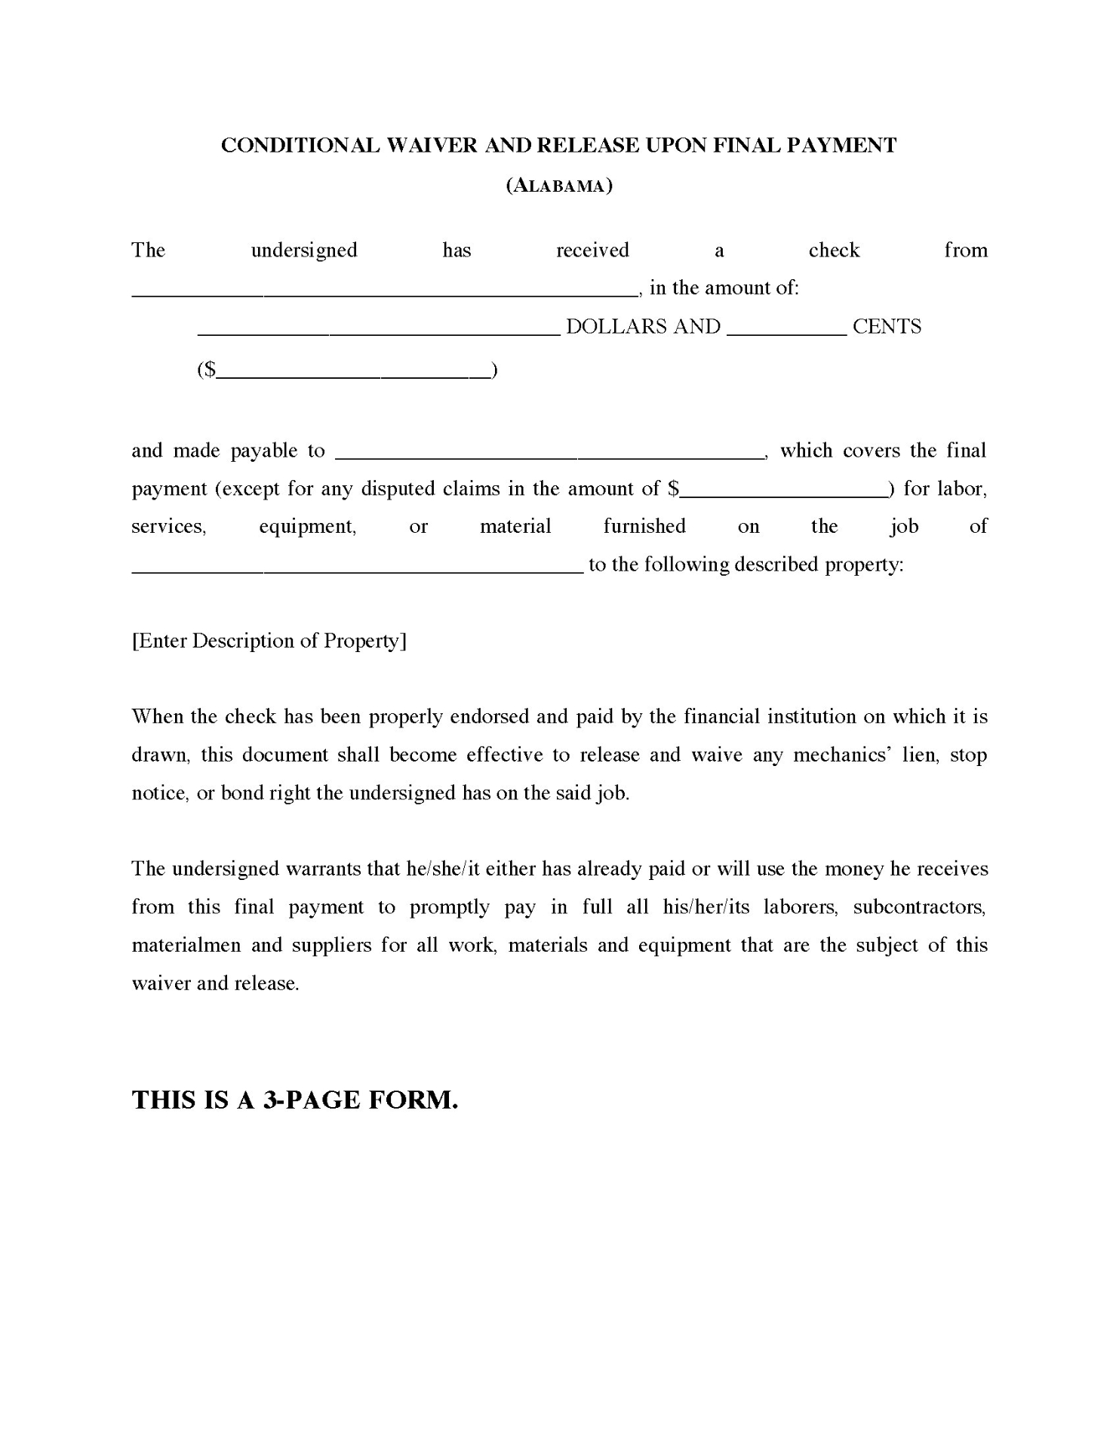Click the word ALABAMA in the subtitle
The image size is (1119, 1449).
pyautogui.click(x=558, y=186)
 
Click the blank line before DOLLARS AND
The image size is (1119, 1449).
pyautogui.click(x=378, y=331)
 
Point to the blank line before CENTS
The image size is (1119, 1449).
pyautogui.click(x=787, y=331)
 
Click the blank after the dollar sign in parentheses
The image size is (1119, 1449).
pyautogui.click(x=353, y=374)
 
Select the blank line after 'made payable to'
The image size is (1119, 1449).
pyautogui.click(x=548, y=455)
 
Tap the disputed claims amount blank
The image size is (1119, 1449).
pyautogui.click(x=784, y=494)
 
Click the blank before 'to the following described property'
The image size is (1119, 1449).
pyautogui.click(x=357, y=570)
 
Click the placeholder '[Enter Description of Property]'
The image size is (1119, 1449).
pyautogui.click(x=269, y=641)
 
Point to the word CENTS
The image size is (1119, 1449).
pyautogui.click(x=887, y=327)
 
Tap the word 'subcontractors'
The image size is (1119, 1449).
pyautogui.click(x=919, y=906)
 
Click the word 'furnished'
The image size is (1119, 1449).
pyautogui.click(x=644, y=526)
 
